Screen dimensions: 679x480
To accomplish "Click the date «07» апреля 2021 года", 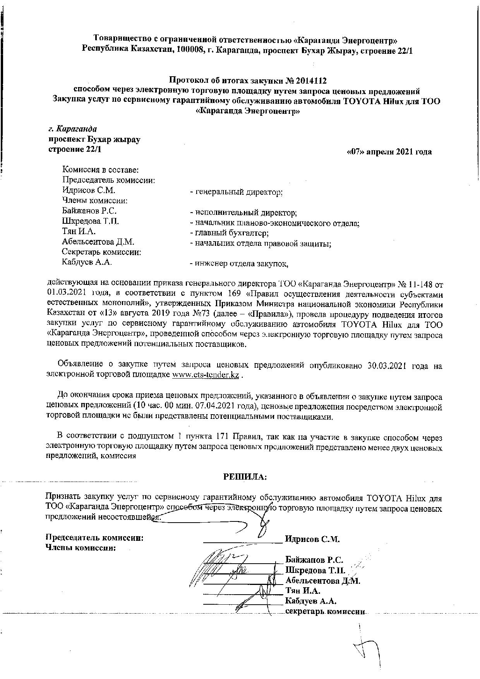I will click(x=389, y=152).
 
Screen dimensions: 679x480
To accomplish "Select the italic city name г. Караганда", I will click(x=72, y=129).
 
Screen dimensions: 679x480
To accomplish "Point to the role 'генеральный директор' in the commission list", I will click(x=237, y=192).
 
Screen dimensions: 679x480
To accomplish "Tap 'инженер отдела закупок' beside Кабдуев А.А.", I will click(x=239, y=264).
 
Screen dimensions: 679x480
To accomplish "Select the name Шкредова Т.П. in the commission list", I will click(x=90, y=221).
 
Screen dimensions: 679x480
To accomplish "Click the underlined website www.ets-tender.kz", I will click(x=205, y=376).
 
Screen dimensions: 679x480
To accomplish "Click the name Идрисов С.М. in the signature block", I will click(x=312, y=538).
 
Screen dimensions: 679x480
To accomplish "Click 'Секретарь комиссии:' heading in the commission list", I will click(x=101, y=252).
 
